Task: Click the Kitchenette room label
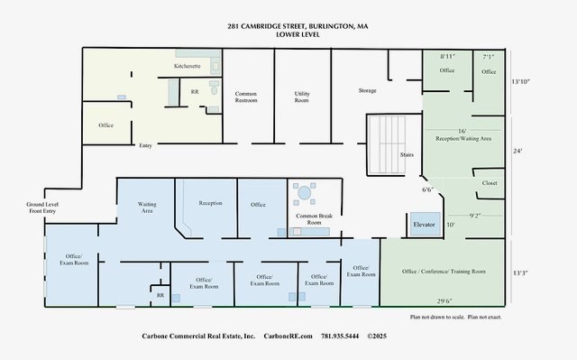(x=187, y=67)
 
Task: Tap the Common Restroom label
(x=246, y=97)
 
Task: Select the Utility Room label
(x=302, y=97)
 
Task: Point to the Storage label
(x=367, y=90)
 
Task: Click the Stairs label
(x=406, y=155)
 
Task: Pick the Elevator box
(x=424, y=224)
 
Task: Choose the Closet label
(x=490, y=182)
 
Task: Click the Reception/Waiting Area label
(x=463, y=139)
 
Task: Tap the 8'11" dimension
(x=447, y=56)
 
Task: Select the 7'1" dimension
(x=489, y=56)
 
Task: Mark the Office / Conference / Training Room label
(x=444, y=272)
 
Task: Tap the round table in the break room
(x=304, y=192)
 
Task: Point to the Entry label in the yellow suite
(x=144, y=145)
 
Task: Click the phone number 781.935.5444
(x=339, y=336)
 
